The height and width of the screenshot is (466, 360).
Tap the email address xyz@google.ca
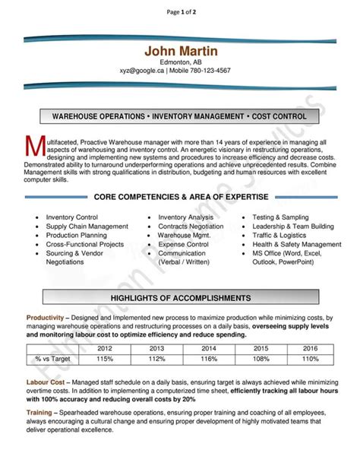(x=141, y=71)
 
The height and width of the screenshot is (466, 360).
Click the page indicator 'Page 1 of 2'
(x=180, y=12)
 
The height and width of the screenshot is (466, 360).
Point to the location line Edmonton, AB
(x=181, y=62)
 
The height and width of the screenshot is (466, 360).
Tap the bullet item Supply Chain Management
(x=87, y=227)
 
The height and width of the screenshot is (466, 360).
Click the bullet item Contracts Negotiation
(x=191, y=227)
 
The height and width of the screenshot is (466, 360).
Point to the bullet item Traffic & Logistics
(x=283, y=236)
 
